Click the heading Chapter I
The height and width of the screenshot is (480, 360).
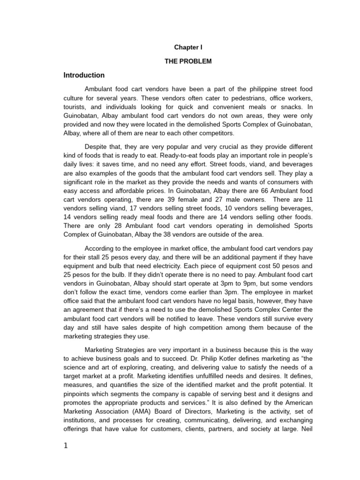(188, 47)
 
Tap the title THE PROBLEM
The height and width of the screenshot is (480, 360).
(188, 61)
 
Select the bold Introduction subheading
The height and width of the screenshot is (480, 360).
(84, 75)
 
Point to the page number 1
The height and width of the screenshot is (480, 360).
(66, 446)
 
